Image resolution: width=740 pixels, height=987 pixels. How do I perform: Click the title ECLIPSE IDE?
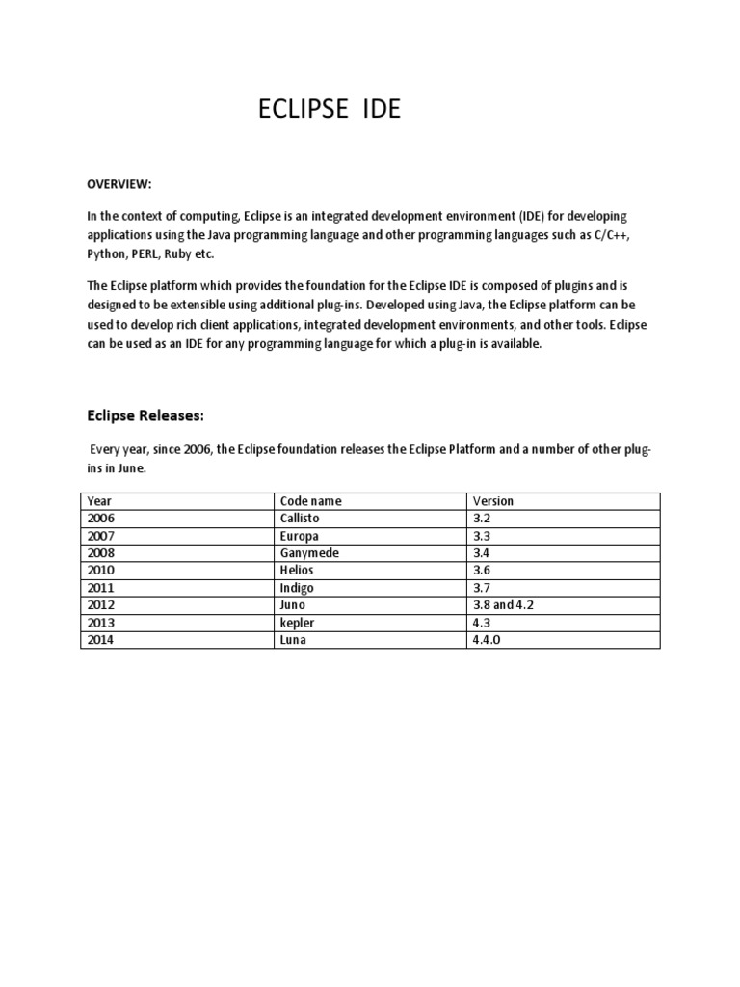point(330,110)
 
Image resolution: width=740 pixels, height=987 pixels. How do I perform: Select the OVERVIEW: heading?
point(120,184)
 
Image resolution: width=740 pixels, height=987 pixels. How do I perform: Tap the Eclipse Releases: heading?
point(145,415)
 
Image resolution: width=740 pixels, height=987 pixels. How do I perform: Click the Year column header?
point(99,501)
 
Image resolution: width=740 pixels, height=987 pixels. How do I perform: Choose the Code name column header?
point(310,501)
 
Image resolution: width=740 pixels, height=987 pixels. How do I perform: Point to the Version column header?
point(492,501)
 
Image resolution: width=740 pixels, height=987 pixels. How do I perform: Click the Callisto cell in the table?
point(300,519)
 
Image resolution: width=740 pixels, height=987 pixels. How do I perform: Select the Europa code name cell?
point(299,536)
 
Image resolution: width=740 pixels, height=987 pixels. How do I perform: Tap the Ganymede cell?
point(309,553)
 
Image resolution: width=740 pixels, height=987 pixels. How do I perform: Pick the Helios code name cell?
point(297,571)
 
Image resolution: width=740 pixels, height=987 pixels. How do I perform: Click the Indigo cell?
point(297,588)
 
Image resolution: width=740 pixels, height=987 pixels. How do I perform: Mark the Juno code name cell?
point(293,605)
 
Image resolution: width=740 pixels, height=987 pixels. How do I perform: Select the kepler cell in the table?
point(297,623)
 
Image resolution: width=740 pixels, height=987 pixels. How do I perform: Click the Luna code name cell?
point(293,640)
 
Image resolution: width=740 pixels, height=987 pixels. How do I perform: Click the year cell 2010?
point(100,571)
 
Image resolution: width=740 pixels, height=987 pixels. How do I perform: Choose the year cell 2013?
point(100,623)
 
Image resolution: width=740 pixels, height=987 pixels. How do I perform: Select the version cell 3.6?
point(480,571)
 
